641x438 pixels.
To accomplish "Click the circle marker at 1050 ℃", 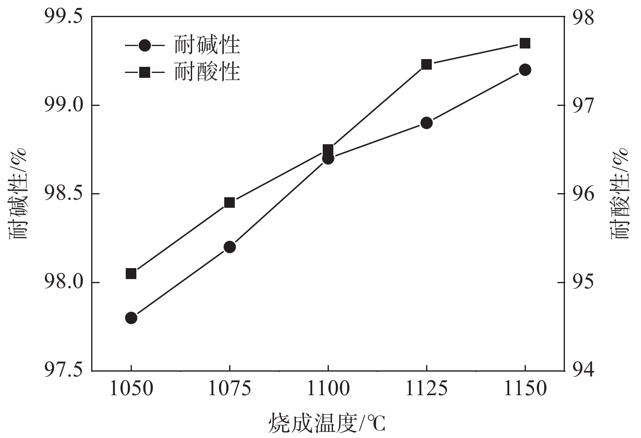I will [x=131, y=318].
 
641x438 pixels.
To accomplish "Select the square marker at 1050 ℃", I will [x=131, y=273].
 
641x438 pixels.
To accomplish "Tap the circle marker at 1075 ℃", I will [x=230, y=247].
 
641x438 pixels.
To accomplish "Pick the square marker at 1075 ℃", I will [x=230, y=202].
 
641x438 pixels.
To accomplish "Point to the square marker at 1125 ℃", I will [x=427, y=64].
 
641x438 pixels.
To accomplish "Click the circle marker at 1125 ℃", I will [x=427, y=123].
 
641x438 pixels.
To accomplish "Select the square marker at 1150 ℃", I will [x=525, y=43].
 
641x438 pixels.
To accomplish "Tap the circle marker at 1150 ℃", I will [x=525, y=70].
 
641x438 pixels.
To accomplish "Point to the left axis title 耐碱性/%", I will [x=18, y=193].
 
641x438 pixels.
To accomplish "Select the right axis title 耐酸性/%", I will [x=620, y=193].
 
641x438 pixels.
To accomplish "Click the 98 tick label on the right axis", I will [x=583, y=17].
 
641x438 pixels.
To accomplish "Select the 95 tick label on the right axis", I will [x=583, y=282].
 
